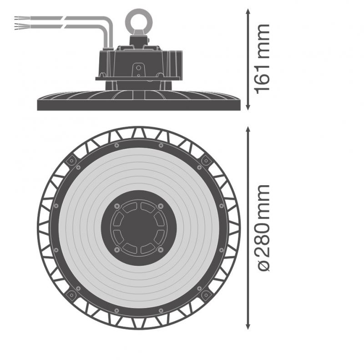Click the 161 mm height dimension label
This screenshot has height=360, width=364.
tap(263, 59)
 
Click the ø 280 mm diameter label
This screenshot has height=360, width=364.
tap(263, 228)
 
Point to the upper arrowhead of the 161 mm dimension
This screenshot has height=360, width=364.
tap(248, 12)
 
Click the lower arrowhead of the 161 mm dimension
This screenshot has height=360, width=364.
tap(248, 107)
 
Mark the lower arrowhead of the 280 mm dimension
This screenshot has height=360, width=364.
tap(248, 326)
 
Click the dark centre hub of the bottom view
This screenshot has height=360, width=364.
tap(139, 228)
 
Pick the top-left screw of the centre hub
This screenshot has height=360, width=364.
tap(116, 206)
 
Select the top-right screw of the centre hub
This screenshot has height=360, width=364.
tap(161, 206)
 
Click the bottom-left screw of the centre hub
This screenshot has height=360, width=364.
tap(116, 250)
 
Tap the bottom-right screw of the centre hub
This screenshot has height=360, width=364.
tap(161, 250)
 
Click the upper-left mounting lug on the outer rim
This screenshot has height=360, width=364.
tap(71, 161)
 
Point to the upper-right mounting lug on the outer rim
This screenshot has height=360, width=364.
tap(206, 160)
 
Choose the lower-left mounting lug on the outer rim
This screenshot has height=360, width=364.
tap(71, 295)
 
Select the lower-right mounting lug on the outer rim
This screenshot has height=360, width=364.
tap(206, 295)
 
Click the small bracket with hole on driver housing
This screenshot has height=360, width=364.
tap(139, 70)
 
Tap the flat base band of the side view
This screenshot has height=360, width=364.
tap(139, 105)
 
